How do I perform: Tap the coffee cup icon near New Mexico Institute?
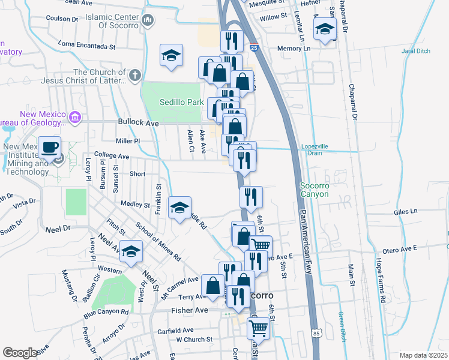[x=50, y=146]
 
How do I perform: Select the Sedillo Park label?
[x=182, y=103]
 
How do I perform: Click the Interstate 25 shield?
[x=254, y=47]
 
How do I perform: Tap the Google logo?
[x=20, y=353]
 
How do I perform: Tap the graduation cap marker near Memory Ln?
[x=325, y=28]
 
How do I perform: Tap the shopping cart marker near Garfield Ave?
[x=258, y=328]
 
